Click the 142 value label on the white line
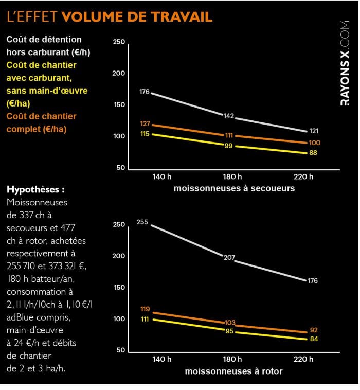tap(229, 116)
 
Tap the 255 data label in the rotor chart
tap(142, 222)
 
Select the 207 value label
tap(229, 256)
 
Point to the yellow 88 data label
tap(313, 153)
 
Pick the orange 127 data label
tap(145, 124)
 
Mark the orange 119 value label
tap(145, 309)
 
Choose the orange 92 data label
tap(313, 330)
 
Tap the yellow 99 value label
tap(229, 146)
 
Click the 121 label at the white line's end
tap(314, 131)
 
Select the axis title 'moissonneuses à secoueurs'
tap(234, 188)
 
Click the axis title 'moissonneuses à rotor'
tap(234, 371)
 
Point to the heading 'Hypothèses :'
tap(35, 189)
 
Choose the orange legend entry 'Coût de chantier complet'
tap(41, 122)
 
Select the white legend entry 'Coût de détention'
tap(44, 39)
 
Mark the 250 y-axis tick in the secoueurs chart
tap(119, 42)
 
